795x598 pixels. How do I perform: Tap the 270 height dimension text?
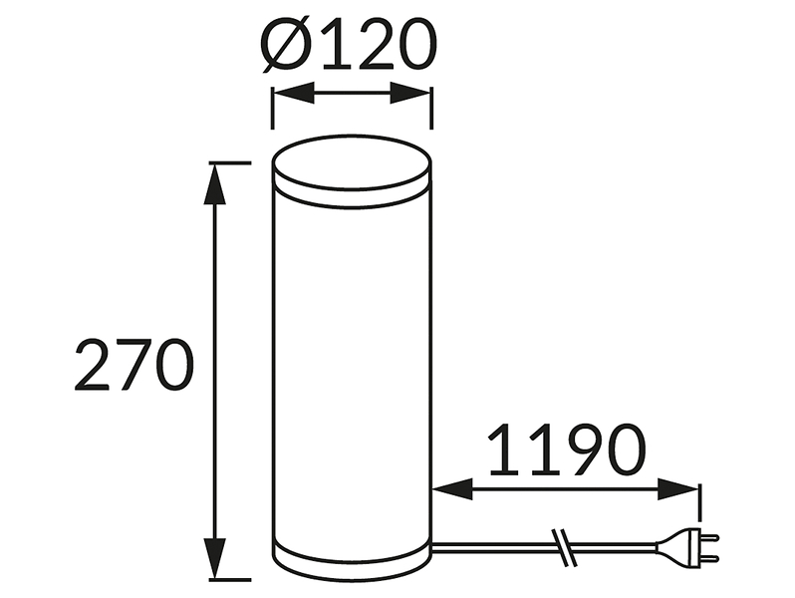point(133,365)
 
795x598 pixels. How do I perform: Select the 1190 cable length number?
point(567,449)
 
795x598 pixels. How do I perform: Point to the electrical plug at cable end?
point(687,548)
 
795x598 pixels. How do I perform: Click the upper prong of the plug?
point(709,537)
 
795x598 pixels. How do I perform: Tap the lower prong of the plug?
point(709,559)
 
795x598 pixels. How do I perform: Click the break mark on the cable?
point(564,548)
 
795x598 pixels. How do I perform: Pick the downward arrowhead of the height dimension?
point(215,558)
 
